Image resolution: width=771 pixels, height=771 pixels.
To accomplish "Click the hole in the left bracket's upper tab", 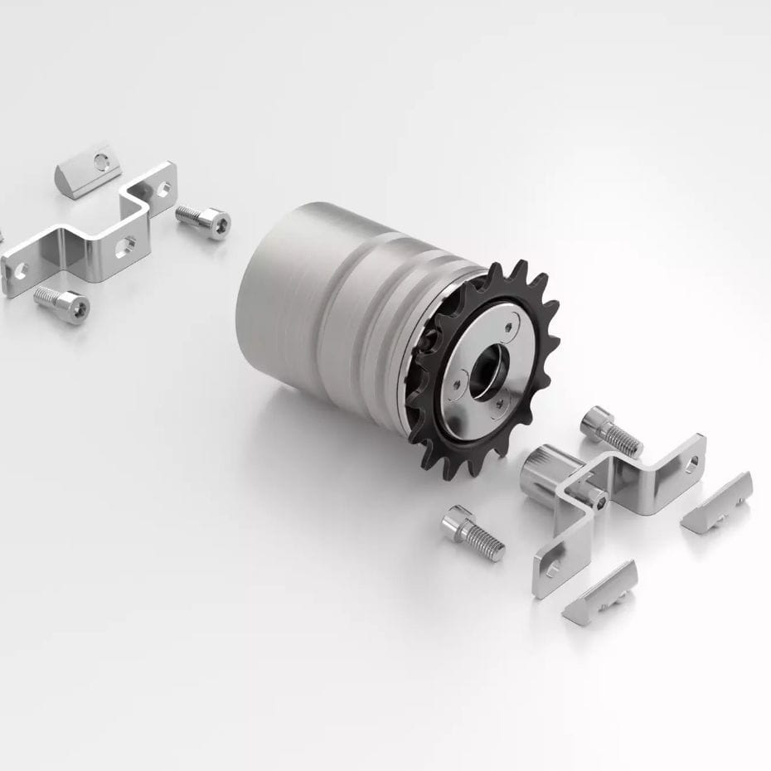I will (x=161, y=187).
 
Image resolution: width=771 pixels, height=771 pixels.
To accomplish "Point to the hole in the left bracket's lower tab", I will (x=18, y=269).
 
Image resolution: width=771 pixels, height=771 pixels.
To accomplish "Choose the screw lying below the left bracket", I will (x=62, y=304).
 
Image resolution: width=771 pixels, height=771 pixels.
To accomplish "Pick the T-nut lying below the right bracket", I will (x=601, y=590).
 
